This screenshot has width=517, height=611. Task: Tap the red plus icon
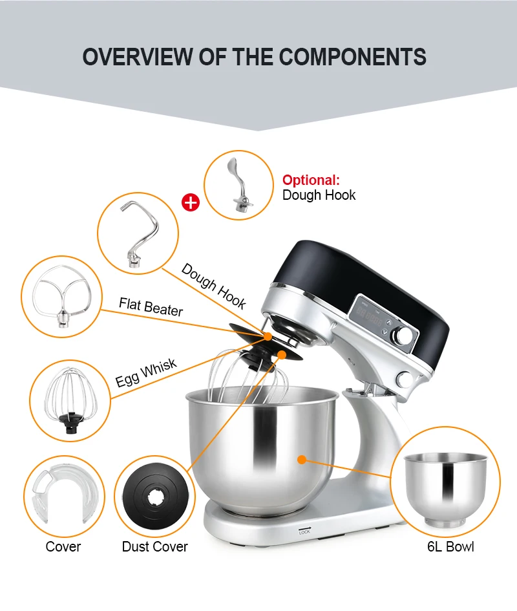tap(191, 202)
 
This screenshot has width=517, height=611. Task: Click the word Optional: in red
tap(311, 180)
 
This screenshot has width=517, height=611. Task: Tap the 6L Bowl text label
tap(450, 546)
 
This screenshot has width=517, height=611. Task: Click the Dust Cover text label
tap(154, 546)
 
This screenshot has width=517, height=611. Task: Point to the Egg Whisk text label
tap(146, 374)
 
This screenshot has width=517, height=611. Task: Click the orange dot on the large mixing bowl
tap(301, 460)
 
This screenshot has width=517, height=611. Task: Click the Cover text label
tap(63, 546)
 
